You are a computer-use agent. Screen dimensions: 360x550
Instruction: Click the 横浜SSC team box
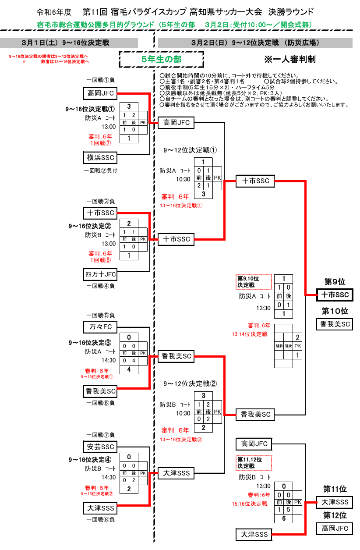[x=100, y=158]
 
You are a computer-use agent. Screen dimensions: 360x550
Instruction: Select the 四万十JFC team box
[x=100, y=274]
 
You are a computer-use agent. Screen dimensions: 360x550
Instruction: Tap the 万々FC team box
[x=100, y=327]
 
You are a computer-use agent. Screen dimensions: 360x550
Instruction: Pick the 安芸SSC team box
[x=100, y=447]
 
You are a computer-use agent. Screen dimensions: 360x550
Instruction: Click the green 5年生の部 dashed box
[x=161, y=59]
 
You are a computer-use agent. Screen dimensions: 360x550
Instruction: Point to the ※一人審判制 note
[x=290, y=59]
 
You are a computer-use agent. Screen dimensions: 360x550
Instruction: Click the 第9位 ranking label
[x=335, y=282]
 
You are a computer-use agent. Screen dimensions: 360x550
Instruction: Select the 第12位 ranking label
[x=335, y=515]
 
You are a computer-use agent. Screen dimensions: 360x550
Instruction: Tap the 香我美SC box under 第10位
[x=335, y=324]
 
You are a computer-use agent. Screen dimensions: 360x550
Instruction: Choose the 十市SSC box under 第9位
[x=335, y=295]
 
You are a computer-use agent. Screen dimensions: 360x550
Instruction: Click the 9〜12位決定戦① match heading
[x=190, y=150]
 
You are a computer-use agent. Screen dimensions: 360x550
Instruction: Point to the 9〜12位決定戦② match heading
[x=190, y=383]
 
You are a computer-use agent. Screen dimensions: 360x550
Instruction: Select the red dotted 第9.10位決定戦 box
[x=254, y=282]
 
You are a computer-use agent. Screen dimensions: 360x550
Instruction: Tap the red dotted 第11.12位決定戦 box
[x=254, y=463]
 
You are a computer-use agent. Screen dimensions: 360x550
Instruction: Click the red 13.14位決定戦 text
[x=250, y=334]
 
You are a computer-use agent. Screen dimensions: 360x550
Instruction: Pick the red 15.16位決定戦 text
[x=250, y=504]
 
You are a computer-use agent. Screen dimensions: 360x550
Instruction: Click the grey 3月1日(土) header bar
[x=69, y=43]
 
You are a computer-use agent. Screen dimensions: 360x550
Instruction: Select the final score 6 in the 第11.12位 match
[x=284, y=518]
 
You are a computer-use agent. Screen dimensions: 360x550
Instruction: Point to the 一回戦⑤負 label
[x=100, y=315]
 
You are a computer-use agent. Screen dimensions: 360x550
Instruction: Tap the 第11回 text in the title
[x=95, y=12]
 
